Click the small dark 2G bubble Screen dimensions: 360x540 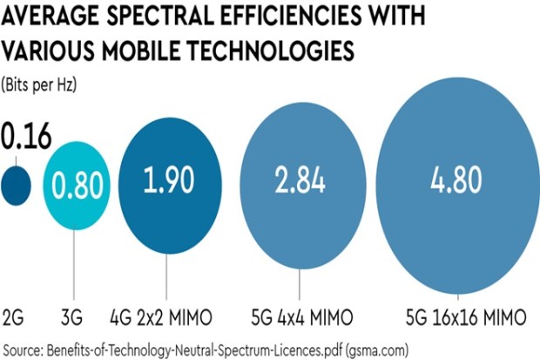16,184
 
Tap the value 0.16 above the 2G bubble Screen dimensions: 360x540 26,139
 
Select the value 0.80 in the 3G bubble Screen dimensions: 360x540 77,185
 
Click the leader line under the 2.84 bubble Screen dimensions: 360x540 300,283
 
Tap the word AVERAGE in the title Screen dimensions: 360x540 51,18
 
